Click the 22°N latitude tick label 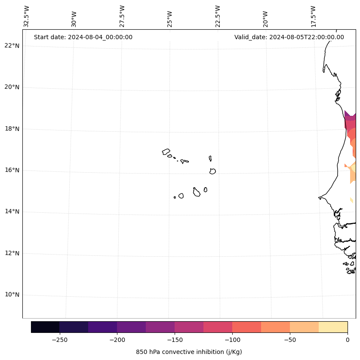[12, 46]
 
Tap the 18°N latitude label [12, 129]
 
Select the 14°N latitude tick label [12, 211]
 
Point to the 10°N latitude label [12, 295]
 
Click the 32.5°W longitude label [27, 16]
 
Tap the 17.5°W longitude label [313, 16]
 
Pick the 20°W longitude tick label [265, 19]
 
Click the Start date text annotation [83, 37]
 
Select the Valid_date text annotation [289, 37]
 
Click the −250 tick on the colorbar [59, 340]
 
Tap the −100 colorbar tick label [232, 340]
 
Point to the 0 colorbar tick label [347, 340]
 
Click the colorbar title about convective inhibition [189, 352]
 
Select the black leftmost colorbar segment [45, 327]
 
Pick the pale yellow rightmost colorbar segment [333, 327]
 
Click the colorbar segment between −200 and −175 [131, 327]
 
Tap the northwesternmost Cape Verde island [166, 152]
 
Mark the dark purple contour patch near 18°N [349, 116]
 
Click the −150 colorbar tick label [175, 340]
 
